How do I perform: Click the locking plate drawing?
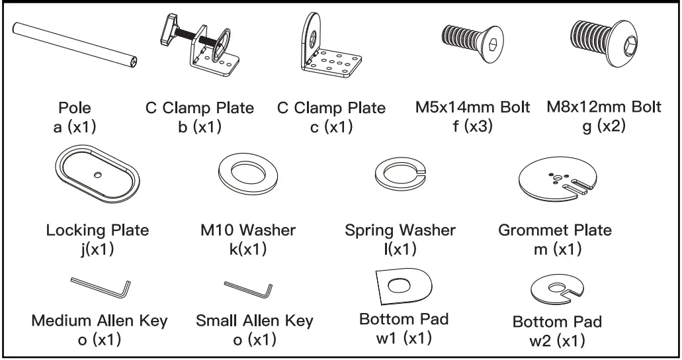[97, 175]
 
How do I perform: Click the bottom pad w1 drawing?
[403, 285]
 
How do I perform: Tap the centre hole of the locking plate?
[98, 174]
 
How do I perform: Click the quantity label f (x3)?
[472, 126]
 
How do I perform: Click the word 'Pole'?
[75, 107]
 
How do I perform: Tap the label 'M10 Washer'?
[247, 230]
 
